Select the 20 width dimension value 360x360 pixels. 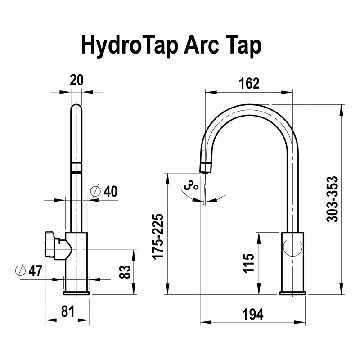click(x=77, y=80)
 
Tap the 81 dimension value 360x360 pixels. click(x=67, y=310)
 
